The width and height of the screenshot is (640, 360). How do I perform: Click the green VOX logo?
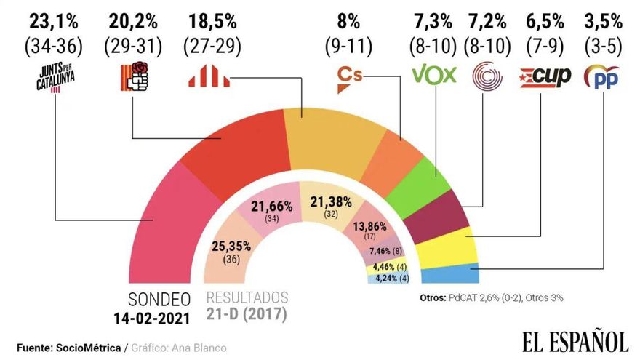pos(433,75)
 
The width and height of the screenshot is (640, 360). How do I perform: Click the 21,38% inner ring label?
pos(331,201)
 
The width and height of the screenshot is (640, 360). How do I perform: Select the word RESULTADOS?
pos(247,298)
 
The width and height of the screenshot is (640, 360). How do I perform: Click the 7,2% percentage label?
pos(485,17)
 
